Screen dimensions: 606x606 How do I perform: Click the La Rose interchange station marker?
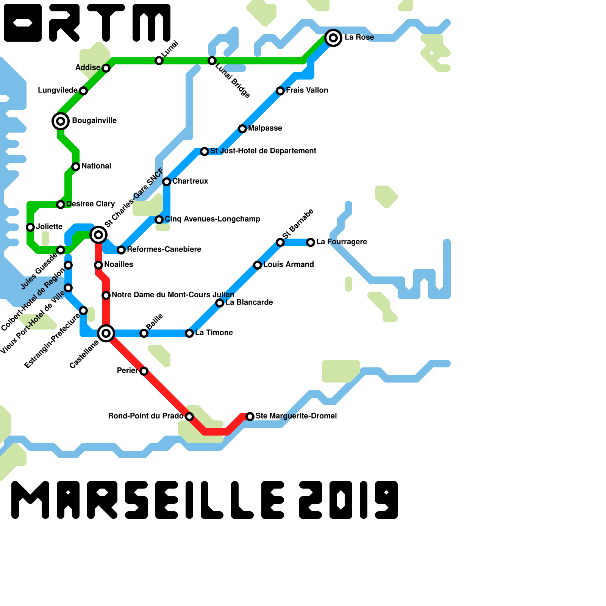point(333,37)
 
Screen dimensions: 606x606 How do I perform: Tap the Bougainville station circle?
point(61,121)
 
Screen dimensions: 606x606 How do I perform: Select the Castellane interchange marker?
point(106,333)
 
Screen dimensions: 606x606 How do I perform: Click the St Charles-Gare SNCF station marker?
point(98,235)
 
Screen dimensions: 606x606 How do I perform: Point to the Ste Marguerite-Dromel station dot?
point(250,417)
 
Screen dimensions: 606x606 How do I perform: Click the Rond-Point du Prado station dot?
point(189,417)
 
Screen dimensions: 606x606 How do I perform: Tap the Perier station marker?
point(144,371)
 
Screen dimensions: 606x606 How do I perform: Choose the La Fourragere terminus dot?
point(311,242)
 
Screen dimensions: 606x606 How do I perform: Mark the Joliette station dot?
point(30,227)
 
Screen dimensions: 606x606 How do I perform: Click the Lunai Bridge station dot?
point(212,61)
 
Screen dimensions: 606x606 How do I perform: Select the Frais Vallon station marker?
point(280,91)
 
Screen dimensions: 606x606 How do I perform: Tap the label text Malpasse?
point(265,128)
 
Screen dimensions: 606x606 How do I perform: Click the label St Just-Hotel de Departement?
point(263,151)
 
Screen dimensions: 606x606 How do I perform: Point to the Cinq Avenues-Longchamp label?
point(212,219)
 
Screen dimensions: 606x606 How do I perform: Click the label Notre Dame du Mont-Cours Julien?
point(173,295)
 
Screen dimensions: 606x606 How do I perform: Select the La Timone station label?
point(214,333)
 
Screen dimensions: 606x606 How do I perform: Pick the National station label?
point(96,166)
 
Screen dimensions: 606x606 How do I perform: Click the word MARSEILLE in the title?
point(148,500)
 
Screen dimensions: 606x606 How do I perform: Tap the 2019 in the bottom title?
point(348,500)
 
